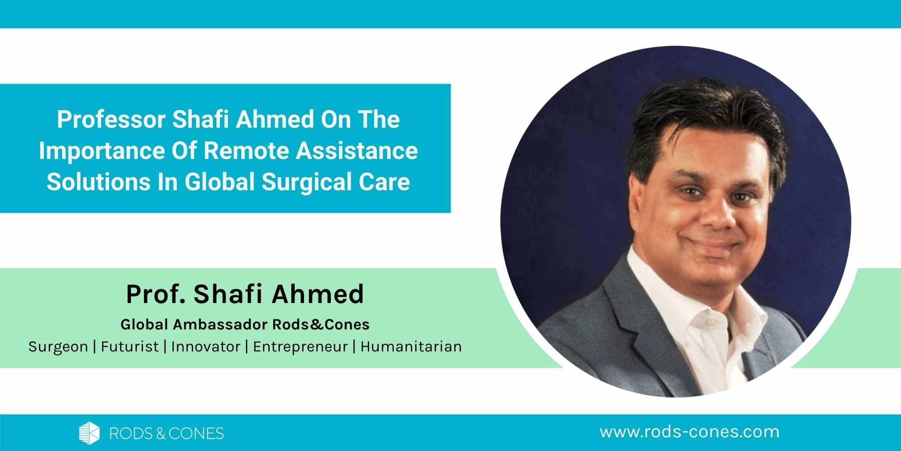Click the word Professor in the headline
111,120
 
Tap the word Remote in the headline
246,151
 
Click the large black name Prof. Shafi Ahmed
245,294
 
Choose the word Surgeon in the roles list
59,347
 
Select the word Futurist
130,347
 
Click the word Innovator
206,347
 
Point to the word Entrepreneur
300,347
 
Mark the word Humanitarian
411,347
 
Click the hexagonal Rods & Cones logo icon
89,433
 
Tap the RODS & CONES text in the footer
166,433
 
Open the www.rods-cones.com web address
689,432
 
